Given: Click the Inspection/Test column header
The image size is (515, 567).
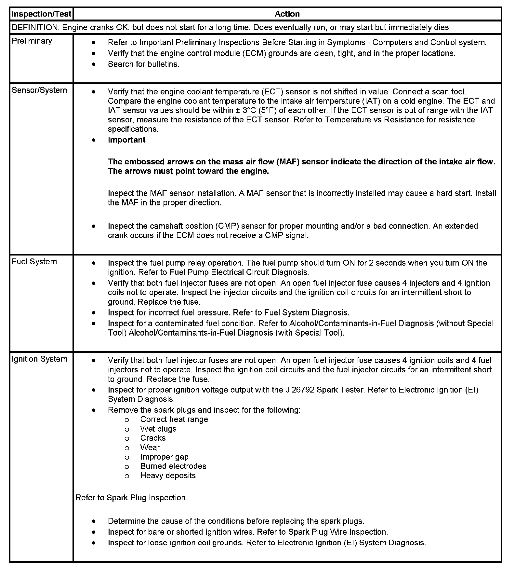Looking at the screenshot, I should tap(41, 14).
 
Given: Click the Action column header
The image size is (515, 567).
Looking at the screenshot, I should tap(287, 14).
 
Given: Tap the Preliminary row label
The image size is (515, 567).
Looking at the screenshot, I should tap(32, 41).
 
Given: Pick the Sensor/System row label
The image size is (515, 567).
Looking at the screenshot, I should tap(39, 90).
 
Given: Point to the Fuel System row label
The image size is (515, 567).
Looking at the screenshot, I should tap(34, 262).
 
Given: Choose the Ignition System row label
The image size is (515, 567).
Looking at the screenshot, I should tap(39, 359).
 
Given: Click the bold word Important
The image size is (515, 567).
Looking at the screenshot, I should tap(126, 140).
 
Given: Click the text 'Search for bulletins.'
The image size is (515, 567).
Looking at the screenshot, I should tap(143, 64).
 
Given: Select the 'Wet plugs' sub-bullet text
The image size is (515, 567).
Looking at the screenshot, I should tap(158, 429).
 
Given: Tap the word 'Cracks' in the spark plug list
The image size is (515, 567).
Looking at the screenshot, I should tap(153, 438).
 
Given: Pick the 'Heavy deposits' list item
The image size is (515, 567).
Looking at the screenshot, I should tap(168, 476).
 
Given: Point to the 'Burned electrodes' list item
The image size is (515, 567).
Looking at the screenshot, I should tap(173, 466).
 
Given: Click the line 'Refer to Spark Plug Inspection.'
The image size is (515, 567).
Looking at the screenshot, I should tap(131, 498).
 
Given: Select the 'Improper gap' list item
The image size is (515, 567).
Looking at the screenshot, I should tap(164, 457).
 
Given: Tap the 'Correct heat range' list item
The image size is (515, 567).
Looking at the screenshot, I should tap(174, 420).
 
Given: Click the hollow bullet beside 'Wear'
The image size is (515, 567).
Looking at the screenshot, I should tap(127, 448).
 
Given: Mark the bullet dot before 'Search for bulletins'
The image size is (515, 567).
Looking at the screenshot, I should tap(94, 64).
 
